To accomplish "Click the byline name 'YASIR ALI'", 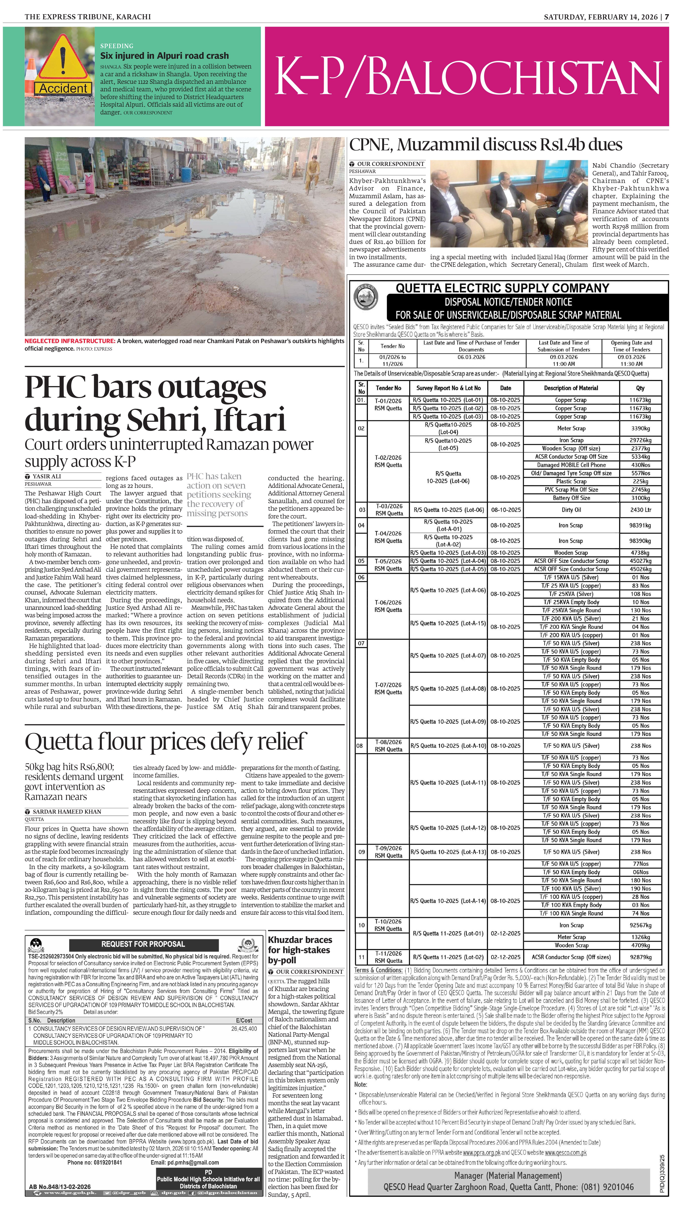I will pyautogui.click(x=47, y=476).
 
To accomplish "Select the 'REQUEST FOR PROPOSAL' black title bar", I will pyautogui.click(x=143, y=944).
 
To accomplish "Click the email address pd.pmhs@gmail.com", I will pyautogui.click(x=185, y=1162).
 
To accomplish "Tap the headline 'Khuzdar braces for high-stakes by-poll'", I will pyautogui.click(x=300, y=950).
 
